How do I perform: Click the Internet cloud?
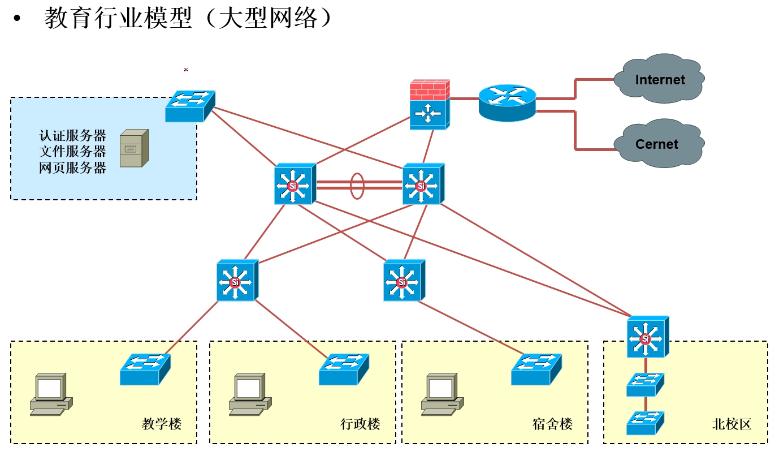659,78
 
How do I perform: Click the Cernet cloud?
656,143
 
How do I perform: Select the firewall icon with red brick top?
430,104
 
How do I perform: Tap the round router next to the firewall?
507,101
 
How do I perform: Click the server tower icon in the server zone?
133,148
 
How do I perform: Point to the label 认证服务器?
73,134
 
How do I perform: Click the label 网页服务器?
73,167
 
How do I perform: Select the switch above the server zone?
191,104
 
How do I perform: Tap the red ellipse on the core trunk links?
357,186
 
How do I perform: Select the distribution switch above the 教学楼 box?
237,281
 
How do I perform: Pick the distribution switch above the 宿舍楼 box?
404,281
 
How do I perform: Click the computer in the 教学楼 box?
49,393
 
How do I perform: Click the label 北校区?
730,424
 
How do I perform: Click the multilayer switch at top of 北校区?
647,339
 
